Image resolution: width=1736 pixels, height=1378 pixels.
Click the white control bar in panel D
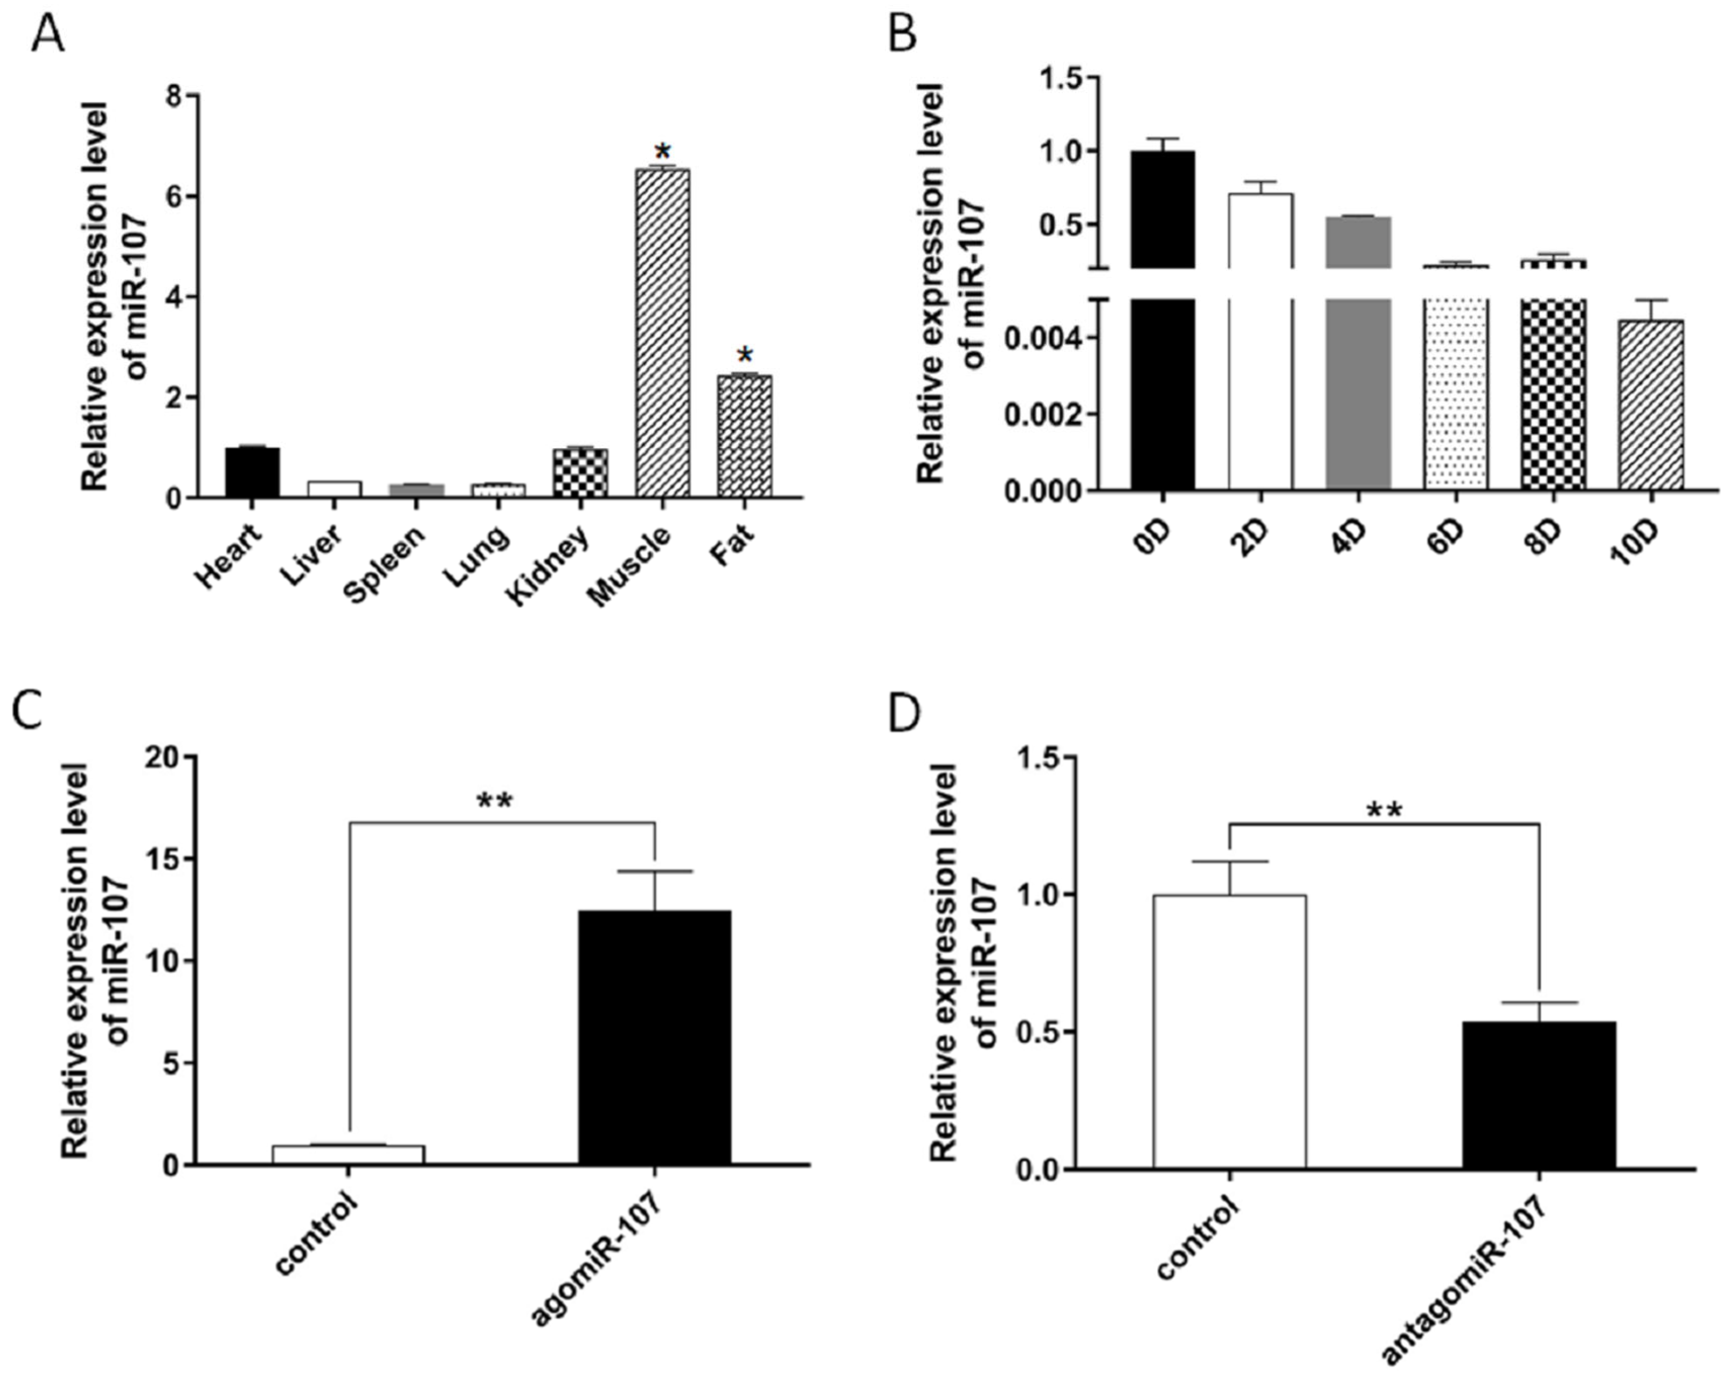click(x=1229, y=1032)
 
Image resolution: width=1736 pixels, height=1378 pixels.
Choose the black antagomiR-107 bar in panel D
click(x=1539, y=1095)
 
